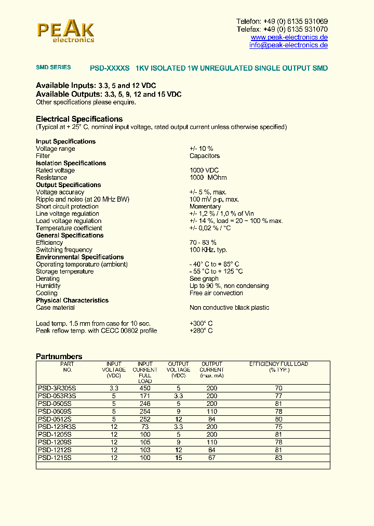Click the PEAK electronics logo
tap(65, 31)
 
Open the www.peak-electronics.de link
tap(289, 37)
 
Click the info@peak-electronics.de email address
tap(288, 45)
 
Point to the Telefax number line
tap(282, 30)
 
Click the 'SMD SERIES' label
tap(53, 68)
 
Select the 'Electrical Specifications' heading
tap(79, 119)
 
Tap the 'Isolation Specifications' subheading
tap(71, 163)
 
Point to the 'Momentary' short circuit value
tap(205, 206)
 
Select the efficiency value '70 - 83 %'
tap(203, 243)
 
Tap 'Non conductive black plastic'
tap(229, 308)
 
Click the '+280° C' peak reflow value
tap(201, 331)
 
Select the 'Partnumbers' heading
tap(59, 357)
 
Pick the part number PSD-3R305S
tap(57, 388)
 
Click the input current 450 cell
tap(145, 388)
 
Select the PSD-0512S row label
tap(55, 419)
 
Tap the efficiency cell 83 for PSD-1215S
tap(278, 458)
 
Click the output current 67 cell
tap(211, 458)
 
